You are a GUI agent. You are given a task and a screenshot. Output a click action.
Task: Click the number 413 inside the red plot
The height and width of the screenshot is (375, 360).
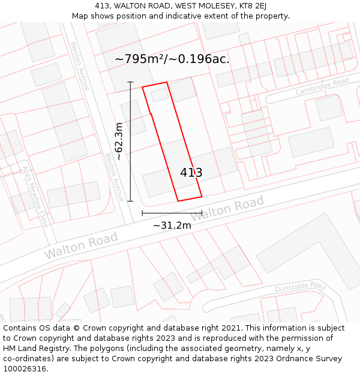191,173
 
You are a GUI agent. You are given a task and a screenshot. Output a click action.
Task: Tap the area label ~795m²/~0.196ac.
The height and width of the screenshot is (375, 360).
172,59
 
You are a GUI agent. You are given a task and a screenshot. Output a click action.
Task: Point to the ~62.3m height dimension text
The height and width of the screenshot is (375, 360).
119,141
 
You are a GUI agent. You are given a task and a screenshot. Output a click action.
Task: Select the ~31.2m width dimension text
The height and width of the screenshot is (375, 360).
172,226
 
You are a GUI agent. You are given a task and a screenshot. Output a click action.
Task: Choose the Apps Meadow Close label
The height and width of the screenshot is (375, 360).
35,196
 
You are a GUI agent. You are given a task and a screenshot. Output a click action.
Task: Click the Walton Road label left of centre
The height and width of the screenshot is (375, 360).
81,246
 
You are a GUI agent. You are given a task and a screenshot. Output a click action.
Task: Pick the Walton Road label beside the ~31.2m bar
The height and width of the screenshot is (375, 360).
227,209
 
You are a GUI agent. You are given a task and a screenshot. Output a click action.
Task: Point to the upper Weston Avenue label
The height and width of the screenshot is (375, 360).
80,66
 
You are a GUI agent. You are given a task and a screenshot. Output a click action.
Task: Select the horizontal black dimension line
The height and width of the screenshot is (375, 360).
172,213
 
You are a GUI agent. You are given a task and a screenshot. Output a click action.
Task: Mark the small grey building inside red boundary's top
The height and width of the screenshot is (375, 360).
160,95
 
